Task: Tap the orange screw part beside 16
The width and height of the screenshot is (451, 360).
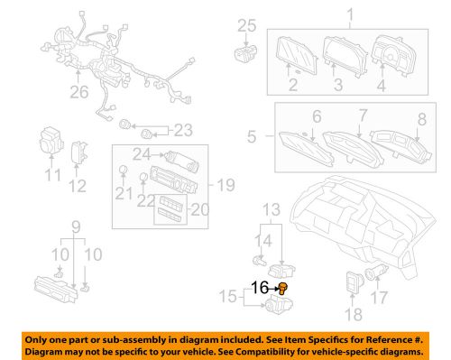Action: tap(281, 289)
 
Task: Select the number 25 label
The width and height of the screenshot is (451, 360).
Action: tap(247, 26)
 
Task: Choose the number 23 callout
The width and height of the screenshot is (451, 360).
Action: tap(184, 128)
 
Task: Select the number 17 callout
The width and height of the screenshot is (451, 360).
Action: tap(76, 225)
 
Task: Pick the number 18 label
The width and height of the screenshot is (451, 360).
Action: tap(353, 315)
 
